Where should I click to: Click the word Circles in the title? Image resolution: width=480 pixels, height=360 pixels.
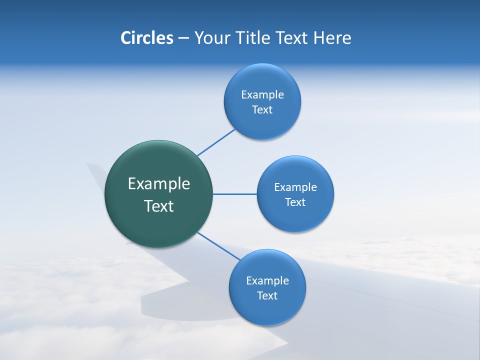(146, 38)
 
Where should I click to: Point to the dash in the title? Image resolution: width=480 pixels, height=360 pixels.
(183, 38)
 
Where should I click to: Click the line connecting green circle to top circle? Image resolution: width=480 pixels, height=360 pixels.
(216, 142)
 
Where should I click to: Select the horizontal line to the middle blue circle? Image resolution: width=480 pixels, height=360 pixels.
(234, 194)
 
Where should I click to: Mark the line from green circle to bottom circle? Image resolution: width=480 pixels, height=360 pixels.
(218, 245)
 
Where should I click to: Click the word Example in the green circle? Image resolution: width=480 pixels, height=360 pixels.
(159, 184)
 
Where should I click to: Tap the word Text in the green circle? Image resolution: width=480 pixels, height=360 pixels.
(159, 206)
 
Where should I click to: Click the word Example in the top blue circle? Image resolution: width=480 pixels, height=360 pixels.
(262, 95)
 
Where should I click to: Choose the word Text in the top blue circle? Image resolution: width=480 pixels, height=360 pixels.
(262, 110)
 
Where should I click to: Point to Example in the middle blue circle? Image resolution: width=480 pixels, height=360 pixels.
(295, 187)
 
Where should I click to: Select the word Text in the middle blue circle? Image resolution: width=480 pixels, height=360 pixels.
(295, 202)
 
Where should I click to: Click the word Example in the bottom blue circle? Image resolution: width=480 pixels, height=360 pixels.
(267, 281)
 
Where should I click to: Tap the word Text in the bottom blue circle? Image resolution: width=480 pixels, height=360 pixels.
(267, 296)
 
